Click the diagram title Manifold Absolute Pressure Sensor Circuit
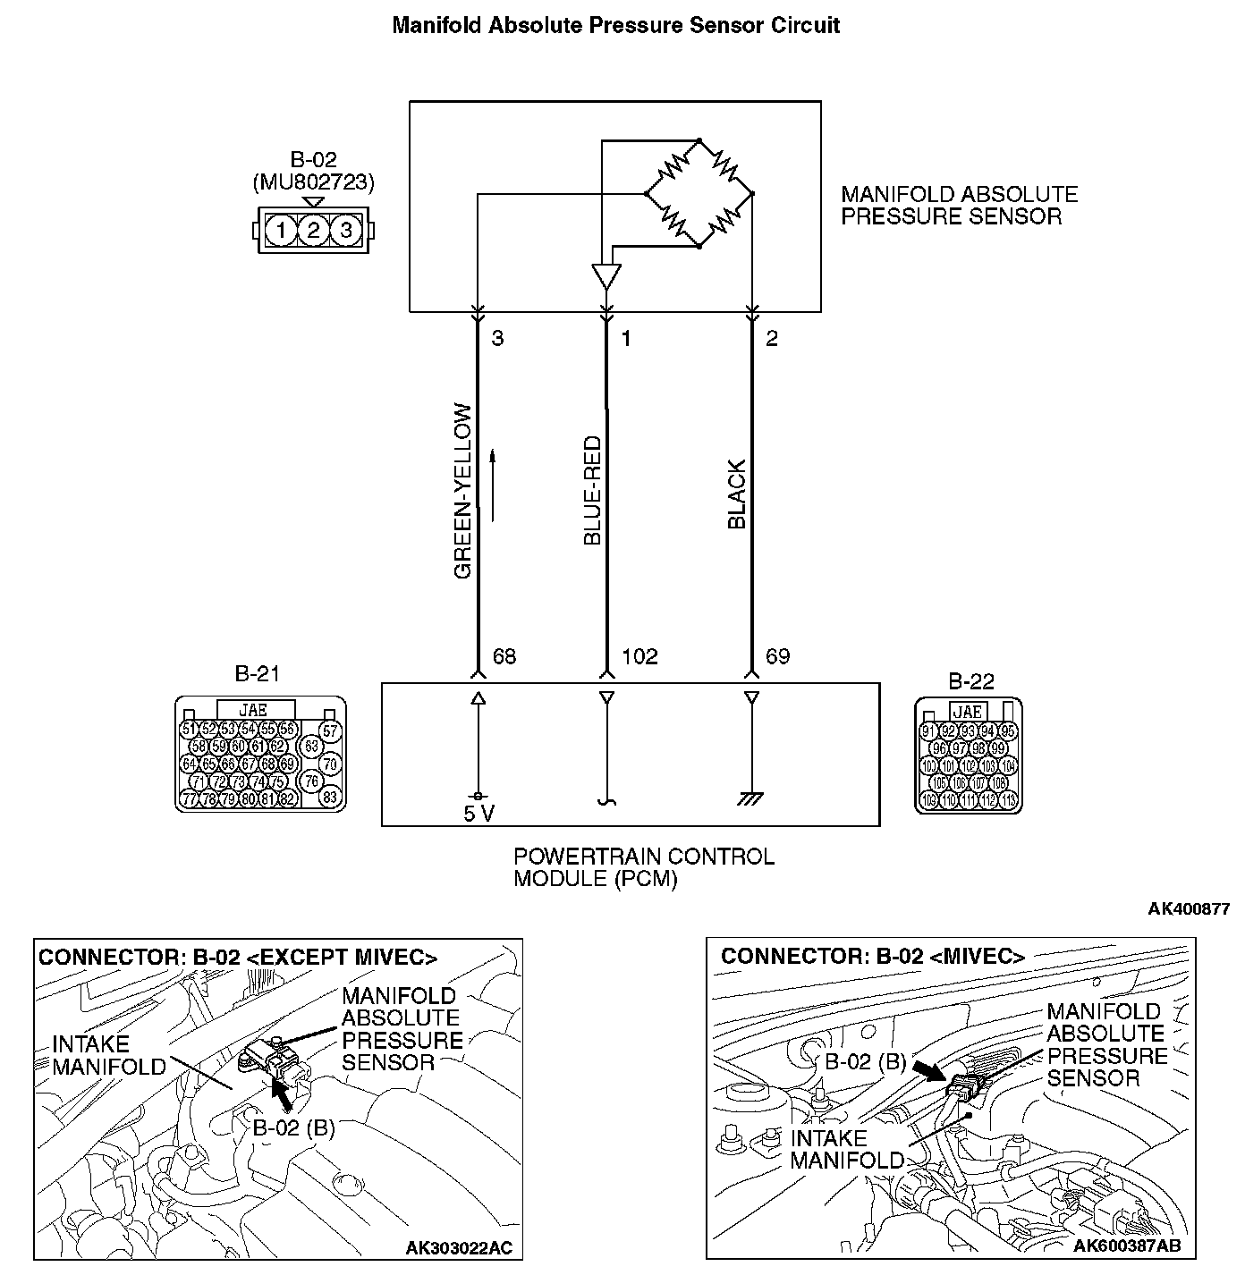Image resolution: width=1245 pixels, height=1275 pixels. coord(615,25)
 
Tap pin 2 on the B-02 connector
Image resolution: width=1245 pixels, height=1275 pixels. coord(313,231)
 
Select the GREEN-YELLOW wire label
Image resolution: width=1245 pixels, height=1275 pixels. coord(462,491)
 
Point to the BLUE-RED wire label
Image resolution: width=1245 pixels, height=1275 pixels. coord(592,491)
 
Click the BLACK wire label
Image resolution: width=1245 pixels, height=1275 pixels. coord(737,495)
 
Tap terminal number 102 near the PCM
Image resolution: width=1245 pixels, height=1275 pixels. coord(639,657)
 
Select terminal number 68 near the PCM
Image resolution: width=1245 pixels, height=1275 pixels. coord(504,657)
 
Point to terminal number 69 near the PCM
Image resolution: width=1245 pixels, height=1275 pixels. coord(777,657)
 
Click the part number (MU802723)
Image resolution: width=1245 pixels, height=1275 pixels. coord(313,182)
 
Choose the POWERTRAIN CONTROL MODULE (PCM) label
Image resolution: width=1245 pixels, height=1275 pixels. coord(643,867)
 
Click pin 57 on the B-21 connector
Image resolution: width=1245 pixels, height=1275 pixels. coord(330,732)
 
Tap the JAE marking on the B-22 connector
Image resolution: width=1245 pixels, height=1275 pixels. coord(968,712)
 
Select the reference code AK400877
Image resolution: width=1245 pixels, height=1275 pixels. coord(1189,909)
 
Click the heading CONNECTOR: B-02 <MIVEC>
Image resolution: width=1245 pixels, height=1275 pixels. coord(872,956)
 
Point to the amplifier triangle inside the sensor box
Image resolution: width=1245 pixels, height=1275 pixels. coord(606,275)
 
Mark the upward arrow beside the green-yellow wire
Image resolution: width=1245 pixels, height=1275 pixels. coord(492,485)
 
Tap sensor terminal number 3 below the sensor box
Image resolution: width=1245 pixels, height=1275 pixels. coord(497,339)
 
